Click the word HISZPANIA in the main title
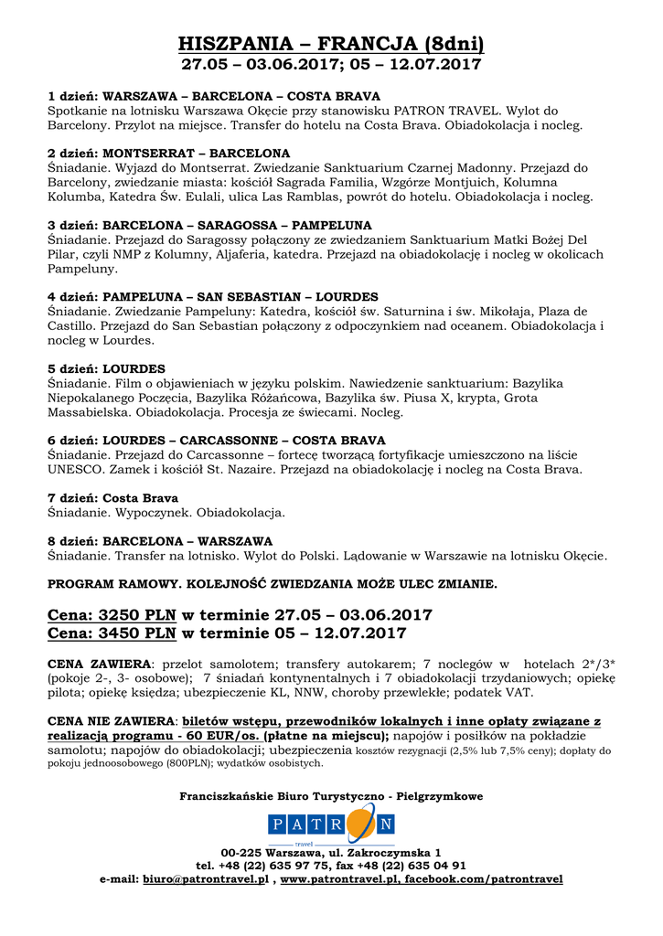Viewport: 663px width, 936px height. [236, 44]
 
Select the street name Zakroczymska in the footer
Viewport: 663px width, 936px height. [387, 852]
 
